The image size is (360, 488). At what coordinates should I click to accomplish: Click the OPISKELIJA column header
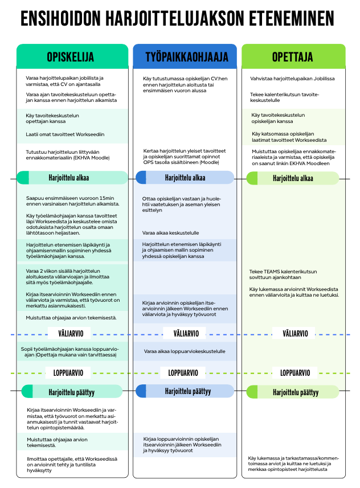click(x=71, y=57)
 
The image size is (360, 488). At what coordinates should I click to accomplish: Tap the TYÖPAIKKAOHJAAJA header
click(x=187, y=57)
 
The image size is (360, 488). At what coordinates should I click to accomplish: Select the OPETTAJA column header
click(x=292, y=57)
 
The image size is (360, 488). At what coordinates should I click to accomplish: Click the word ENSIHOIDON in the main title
click(x=61, y=18)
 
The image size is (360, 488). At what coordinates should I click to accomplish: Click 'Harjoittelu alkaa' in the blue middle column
click(x=185, y=178)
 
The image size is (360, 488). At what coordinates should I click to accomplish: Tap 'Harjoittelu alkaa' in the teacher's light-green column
click(x=293, y=178)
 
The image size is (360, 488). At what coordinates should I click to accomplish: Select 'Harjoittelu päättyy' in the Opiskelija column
click(x=71, y=392)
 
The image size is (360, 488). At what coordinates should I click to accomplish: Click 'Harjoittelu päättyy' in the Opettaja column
click(x=296, y=392)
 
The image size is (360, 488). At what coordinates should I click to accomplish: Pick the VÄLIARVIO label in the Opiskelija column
click(x=71, y=334)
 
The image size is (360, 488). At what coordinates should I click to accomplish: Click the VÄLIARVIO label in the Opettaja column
click(x=295, y=334)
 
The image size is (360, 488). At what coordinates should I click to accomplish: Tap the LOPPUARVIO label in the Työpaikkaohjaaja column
click(x=183, y=373)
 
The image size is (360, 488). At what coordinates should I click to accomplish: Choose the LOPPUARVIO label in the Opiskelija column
click(x=68, y=373)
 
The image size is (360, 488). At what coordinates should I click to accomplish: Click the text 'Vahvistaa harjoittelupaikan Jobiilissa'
click(x=292, y=79)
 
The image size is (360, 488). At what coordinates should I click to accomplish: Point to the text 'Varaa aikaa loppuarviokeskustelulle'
click(x=185, y=351)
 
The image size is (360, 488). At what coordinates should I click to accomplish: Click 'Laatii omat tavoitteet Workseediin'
click(x=65, y=134)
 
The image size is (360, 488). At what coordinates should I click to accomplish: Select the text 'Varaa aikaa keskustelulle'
click(x=171, y=233)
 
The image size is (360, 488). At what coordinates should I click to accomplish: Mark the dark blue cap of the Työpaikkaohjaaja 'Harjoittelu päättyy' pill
click(x=141, y=391)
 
